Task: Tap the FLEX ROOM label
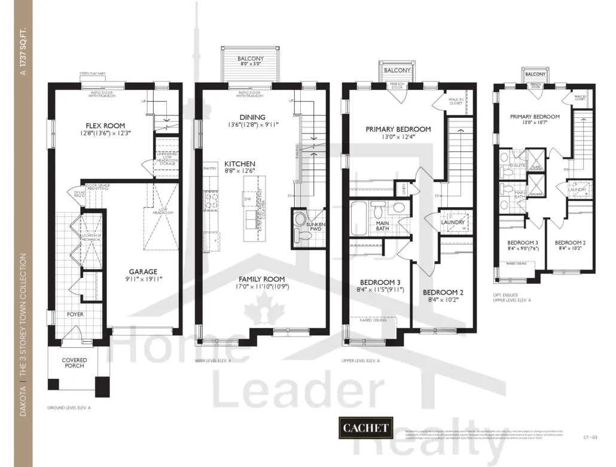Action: coord(105,126)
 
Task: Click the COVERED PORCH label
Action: coord(74,363)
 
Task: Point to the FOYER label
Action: coord(75,314)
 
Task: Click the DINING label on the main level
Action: coord(251,117)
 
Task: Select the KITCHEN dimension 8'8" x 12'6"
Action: coord(240,171)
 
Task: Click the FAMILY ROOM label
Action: coord(262,279)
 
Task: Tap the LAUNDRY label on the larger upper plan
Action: coord(453,222)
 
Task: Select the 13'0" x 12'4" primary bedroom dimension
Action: coord(398,137)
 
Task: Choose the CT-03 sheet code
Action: coord(590,438)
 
